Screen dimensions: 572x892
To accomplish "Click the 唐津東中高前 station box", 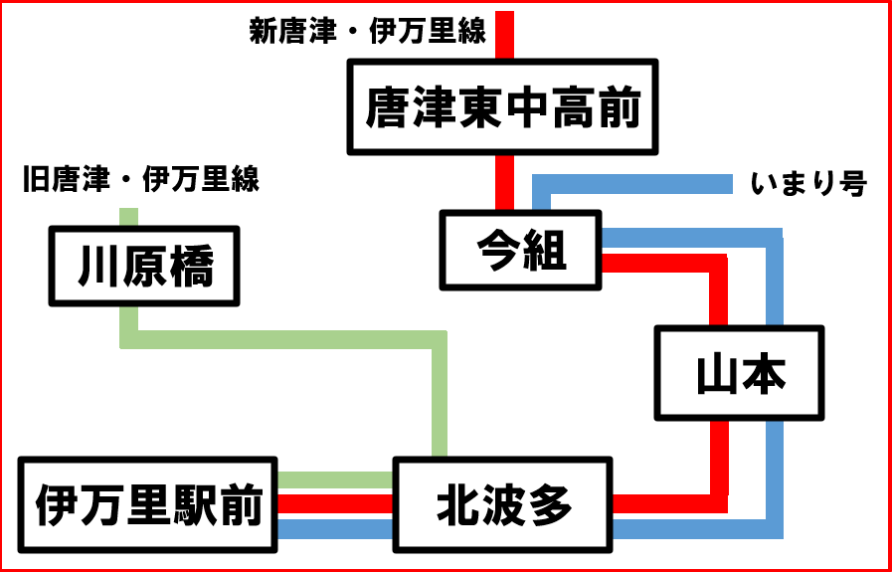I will pos(502,106).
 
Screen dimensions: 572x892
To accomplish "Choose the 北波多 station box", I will pos(503,505).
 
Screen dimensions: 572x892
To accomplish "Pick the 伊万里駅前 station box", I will pos(148,505).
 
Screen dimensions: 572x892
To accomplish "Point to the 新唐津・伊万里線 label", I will pos(367,32).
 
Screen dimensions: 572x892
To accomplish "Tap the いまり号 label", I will pos(809,184).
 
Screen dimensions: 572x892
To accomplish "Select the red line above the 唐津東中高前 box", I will pos(505,35).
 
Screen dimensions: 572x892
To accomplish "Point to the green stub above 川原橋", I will pos(128,216).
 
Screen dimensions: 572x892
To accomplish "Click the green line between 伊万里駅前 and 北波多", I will pos(335,480).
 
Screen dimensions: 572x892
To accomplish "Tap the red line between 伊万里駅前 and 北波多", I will pos(335,503).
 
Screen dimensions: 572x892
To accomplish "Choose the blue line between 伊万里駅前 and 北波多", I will pos(335,527).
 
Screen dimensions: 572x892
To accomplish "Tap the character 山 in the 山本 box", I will pos(714,373).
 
